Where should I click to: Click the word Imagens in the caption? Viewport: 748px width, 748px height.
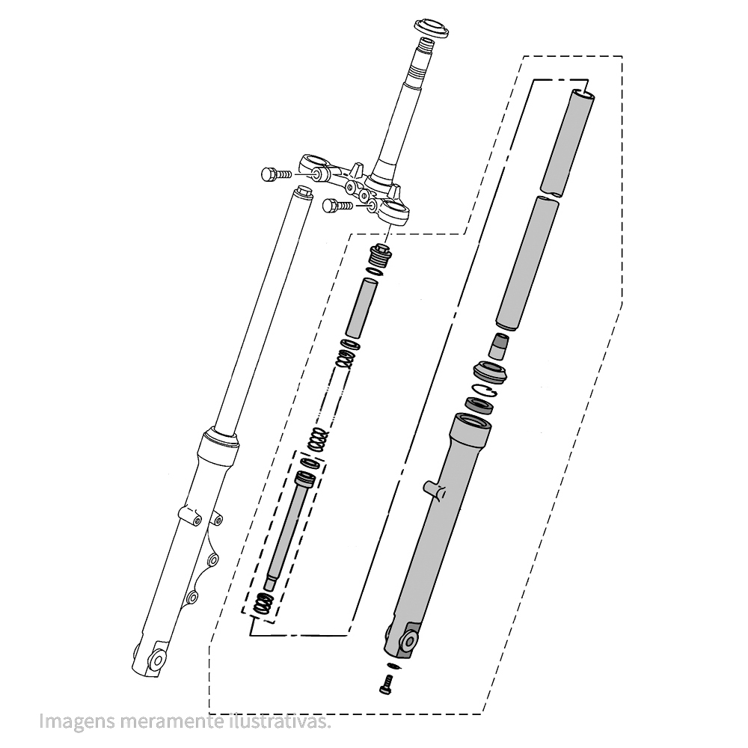[65, 723]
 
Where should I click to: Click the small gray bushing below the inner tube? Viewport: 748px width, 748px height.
[498, 346]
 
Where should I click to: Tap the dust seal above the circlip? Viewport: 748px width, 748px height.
[490, 371]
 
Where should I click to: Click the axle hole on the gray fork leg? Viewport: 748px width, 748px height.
[409, 640]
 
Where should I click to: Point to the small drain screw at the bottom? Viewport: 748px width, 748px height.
[386, 682]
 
